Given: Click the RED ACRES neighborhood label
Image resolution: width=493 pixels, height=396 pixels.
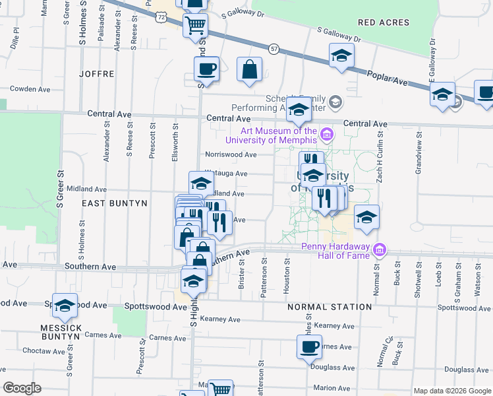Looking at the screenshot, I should coord(383,22).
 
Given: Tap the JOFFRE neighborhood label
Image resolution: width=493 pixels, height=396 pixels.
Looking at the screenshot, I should coord(97,74).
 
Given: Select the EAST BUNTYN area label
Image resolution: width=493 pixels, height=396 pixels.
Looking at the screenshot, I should coord(114,204).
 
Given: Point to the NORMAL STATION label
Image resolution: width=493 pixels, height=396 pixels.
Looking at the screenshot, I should coord(330,307).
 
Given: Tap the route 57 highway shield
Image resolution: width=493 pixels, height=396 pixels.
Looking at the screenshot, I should coord(274,49).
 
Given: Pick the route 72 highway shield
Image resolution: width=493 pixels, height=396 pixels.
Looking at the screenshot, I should coord(161,18).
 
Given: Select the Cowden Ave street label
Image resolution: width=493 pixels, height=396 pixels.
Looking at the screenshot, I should coord(30,88).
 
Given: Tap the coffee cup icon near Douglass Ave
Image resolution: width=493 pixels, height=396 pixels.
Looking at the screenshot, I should coord(309,346).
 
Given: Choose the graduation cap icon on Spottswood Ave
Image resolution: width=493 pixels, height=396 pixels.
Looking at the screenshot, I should coord(65,306).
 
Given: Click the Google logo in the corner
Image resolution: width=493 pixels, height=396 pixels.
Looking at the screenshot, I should coord(22,388).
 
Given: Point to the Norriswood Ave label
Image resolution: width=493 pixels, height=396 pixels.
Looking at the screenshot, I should coord(230,154).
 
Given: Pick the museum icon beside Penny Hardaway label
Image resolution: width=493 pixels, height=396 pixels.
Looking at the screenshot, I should coord(379,249).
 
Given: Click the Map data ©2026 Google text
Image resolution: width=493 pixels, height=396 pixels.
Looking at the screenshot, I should coord(453,391).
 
